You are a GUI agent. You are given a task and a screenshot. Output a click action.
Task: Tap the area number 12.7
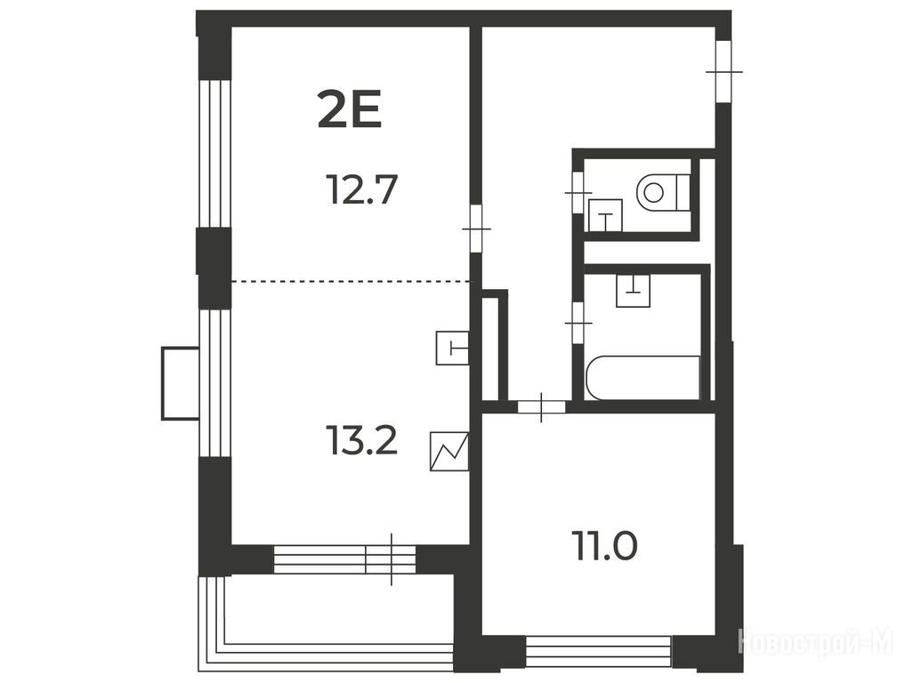pos(362,189)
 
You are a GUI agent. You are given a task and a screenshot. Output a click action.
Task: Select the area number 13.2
pos(362,439)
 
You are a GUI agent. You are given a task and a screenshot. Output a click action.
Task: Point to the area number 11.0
pos(605,545)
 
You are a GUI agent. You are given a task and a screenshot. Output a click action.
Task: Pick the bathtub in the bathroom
pos(643,377)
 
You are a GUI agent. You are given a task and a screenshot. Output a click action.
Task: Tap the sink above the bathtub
pos(634,290)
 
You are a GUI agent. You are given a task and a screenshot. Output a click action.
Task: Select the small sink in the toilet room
pos(605,215)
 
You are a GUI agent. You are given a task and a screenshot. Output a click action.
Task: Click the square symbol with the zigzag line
pos(449,452)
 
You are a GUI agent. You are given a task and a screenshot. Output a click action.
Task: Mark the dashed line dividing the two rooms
pos(351,282)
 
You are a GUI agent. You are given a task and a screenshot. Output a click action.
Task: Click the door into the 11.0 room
pos(541,406)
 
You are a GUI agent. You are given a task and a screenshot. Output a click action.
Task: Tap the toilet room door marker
pos(578,193)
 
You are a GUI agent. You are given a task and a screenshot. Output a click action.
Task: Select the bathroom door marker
pos(578,323)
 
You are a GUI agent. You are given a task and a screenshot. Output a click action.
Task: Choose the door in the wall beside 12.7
pos(476,229)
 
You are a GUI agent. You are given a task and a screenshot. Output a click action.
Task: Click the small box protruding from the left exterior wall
pos(180,383)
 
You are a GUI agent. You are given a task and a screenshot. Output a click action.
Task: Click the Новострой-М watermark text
pos(815,642)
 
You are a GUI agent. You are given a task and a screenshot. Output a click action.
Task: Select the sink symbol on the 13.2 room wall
pos(452,349)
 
